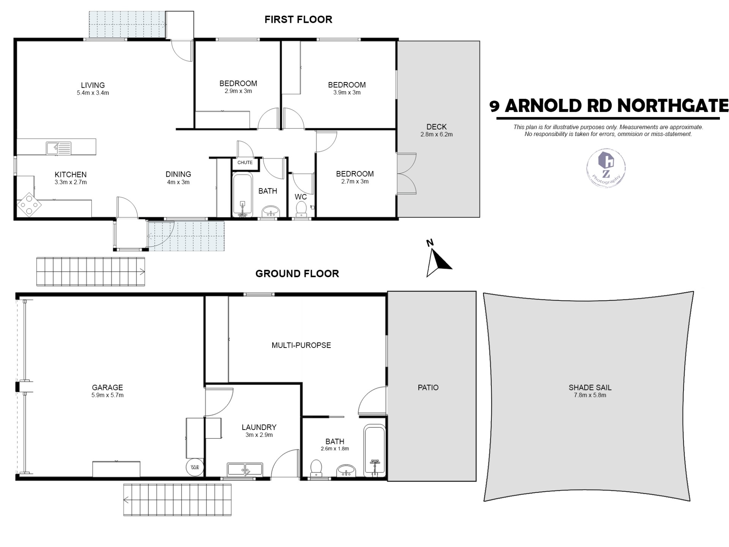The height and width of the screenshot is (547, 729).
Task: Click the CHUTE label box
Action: click(x=245, y=163)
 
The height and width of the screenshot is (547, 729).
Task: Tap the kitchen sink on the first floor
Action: click(x=58, y=148)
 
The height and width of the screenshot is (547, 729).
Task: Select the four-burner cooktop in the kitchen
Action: click(x=29, y=205)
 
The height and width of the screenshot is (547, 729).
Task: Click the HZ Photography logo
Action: click(x=606, y=168)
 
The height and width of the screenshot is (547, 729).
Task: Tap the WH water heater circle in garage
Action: click(x=195, y=467)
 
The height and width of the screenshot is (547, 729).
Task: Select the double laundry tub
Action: click(x=245, y=469)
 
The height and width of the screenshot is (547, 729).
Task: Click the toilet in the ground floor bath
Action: click(x=316, y=468)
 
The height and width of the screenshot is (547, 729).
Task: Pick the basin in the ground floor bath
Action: click(x=346, y=471)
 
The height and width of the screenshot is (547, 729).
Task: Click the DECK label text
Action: click(x=436, y=127)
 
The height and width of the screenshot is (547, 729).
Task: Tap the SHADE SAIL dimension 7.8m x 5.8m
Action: click(x=590, y=395)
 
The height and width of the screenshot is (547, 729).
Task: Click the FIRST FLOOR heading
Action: click(x=298, y=19)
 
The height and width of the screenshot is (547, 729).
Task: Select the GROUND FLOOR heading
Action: click(x=297, y=273)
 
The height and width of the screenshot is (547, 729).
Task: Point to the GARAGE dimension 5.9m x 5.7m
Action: click(x=107, y=395)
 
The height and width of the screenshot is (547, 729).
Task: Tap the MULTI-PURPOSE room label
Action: click(x=301, y=345)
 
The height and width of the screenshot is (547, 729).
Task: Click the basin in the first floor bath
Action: click(x=270, y=211)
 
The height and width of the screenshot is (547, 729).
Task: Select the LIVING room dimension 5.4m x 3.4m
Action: click(x=93, y=93)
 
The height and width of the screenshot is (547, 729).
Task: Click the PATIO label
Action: click(x=428, y=387)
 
